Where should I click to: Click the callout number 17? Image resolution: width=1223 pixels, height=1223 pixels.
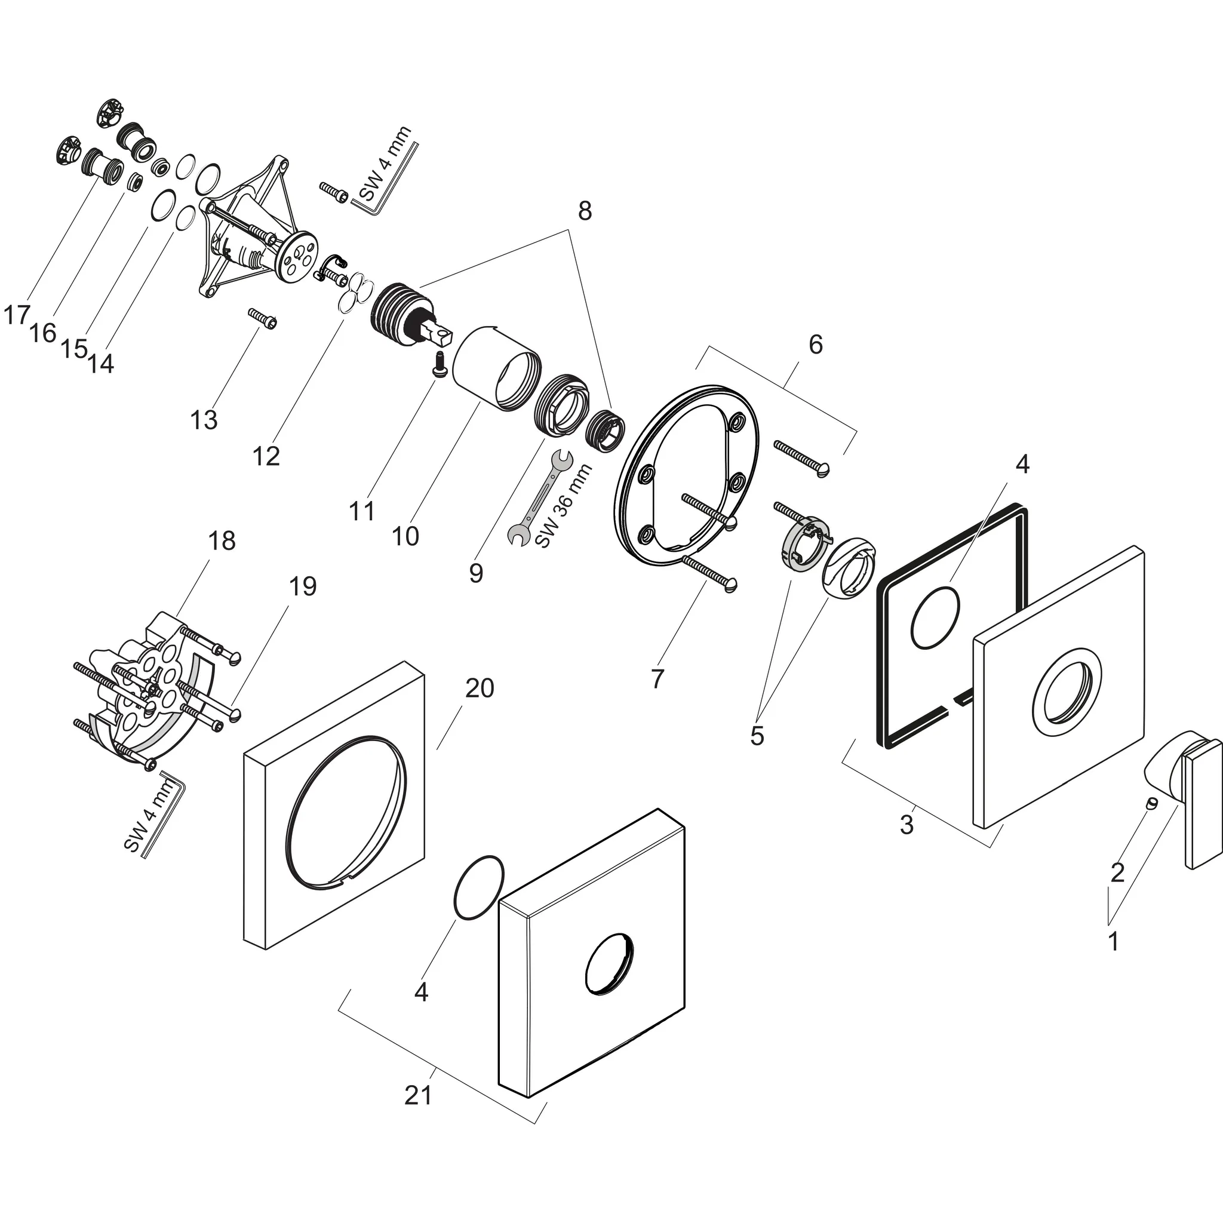pyautogui.click(x=17, y=315)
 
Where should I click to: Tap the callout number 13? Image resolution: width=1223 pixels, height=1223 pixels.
pyautogui.click(x=204, y=420)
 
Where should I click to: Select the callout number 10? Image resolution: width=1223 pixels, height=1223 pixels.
pyautogui.click(x=405, y=536)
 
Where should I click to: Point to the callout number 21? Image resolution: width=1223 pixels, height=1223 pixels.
pyautogui.click(x=419, y=1095)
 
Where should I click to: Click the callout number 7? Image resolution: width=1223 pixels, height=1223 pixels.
pyautogui.click(x=657, y=678)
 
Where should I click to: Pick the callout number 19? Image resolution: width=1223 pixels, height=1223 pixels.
pyautogui.click(x=303, y=586)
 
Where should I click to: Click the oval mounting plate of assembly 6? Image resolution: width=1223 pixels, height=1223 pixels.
pyautogui.click(x=687, y=472)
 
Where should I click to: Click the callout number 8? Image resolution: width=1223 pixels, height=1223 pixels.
pyautogui.click(x=584, y=211)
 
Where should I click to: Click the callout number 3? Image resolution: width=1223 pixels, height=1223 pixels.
pyautogui.click(x=907, y=825)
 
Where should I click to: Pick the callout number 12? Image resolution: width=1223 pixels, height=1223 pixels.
pyautogui.click(x=266, y=456)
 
